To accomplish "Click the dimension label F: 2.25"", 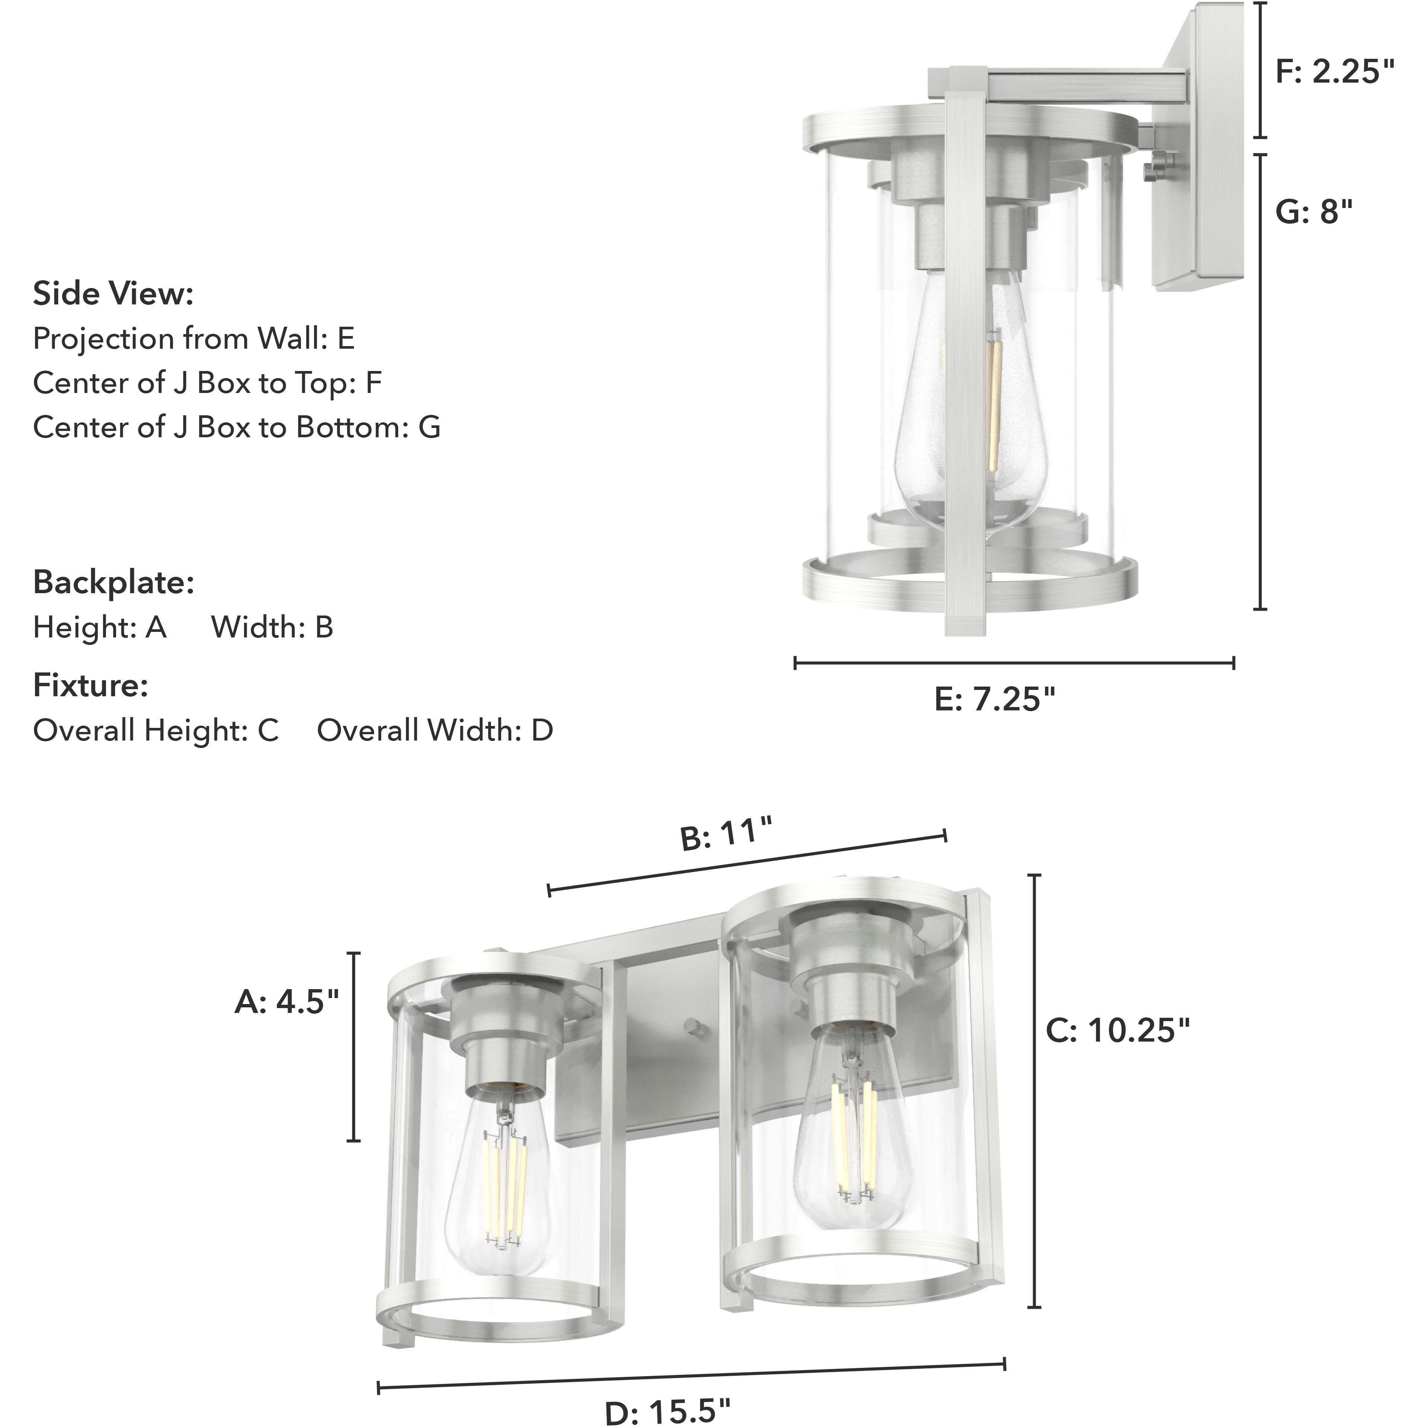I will pos(1334,72).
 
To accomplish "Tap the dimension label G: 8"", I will pos(1314,212).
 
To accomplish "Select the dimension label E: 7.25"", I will pos(995,699).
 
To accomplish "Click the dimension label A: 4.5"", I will pos(287,1003).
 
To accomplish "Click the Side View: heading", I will pos(113,294).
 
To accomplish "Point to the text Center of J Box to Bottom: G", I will pos(236,427).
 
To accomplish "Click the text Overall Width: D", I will pos(435,731).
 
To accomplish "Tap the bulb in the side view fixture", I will pos(967,413).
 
